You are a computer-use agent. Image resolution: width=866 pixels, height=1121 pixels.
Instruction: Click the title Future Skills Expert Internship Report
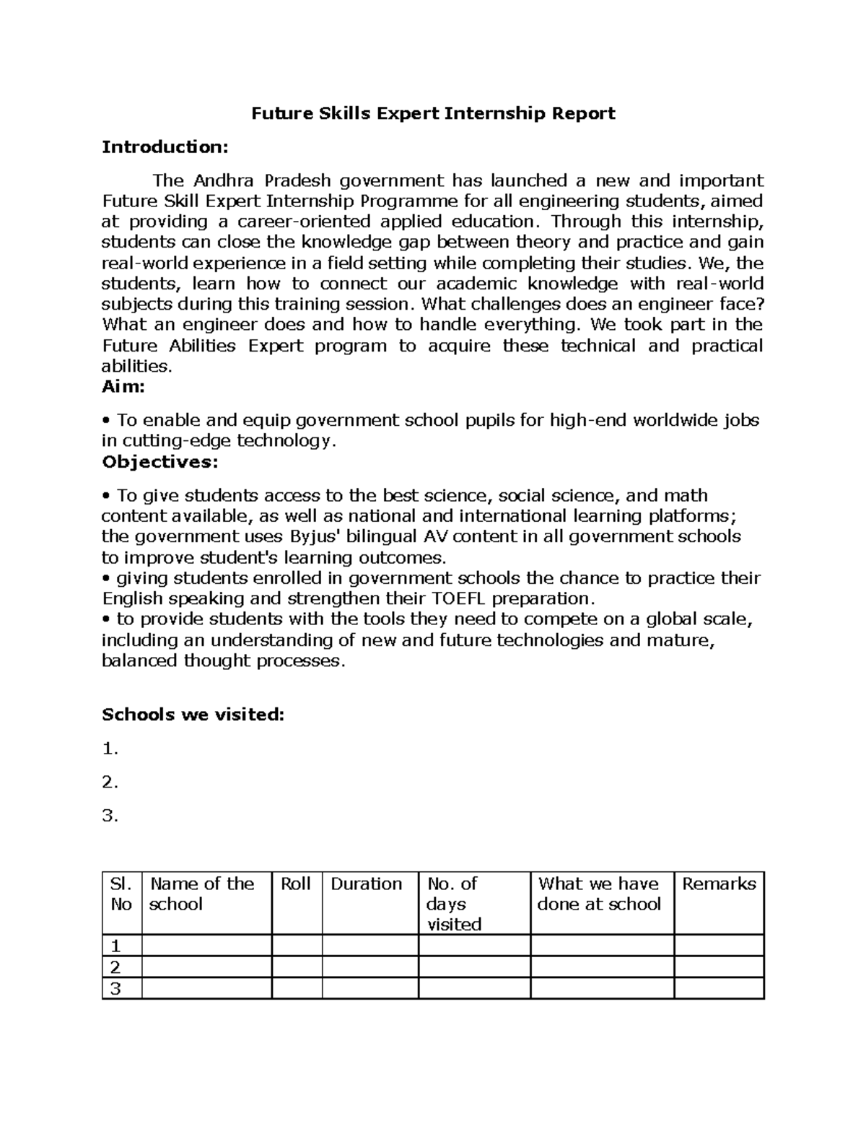pyautogui.click(x=433, y=113)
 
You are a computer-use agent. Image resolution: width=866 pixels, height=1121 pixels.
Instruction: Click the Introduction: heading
pyautogui.click(x=165, y=147)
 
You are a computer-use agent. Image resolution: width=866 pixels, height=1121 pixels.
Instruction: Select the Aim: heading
pyautogui.click(x=123, y=387)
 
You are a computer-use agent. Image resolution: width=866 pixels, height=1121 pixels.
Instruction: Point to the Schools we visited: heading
pyautogui.click(x=193, y=715)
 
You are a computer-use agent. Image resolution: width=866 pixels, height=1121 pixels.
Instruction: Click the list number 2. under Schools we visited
pyautogui.click(x=110, y=782)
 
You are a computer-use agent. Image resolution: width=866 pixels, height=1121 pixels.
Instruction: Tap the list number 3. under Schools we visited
pyautogui.click(x=110, y=816)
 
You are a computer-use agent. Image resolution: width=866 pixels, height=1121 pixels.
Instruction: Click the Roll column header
pyautogui.click(x=295, y=884)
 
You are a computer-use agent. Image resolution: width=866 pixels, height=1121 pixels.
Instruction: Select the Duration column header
pyautogui.click(x=366, y=884)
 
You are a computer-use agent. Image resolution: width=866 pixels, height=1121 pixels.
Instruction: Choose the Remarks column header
pyautogui.click(x=719, y=884)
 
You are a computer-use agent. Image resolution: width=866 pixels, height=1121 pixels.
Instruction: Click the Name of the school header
pyautogui.click(x=201, y=894)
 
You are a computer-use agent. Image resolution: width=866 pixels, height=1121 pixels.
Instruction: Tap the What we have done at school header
pyautogui.click(x=599, y=894)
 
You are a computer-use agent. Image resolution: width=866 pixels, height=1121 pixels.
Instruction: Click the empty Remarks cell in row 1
pyautogui.click(x=719, y=946)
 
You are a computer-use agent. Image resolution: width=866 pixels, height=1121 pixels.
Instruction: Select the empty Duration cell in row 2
pyautogui.click(x=369, y=967)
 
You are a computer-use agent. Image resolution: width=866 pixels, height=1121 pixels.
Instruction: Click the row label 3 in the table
pyautogui.click(x=113, y=989)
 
